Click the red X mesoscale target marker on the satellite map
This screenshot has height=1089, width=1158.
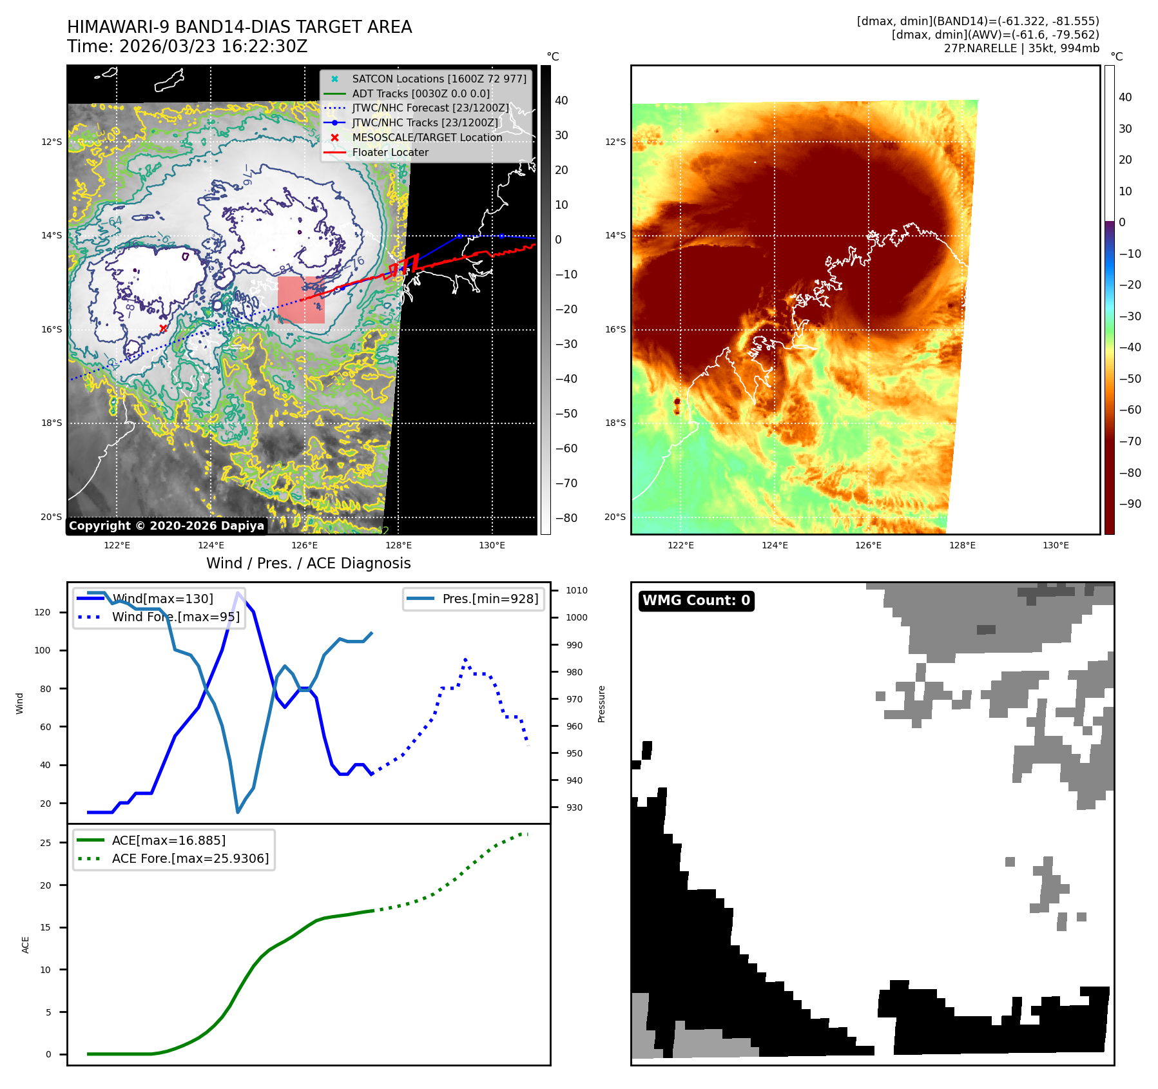click(x=163, y=328)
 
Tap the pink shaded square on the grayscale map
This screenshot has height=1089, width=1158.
click(x=301, y=300)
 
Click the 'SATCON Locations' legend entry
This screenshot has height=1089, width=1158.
click(x=438, y=79)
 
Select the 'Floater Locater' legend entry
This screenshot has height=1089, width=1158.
click(x=390, y=152)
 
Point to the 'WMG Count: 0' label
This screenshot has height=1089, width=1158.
click(x=696, y=601)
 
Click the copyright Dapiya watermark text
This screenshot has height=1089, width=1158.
click(x=166, y=526)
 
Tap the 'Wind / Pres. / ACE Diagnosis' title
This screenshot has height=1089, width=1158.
click(x=308, y=563)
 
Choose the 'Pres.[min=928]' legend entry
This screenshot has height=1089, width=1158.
click(x=490, y=599)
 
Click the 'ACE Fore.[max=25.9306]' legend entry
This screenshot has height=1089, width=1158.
click(x=190, y=858)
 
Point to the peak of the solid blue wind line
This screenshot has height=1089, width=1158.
click(x=238, y=593)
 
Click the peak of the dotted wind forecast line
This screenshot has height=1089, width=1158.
click(x=465, y=659)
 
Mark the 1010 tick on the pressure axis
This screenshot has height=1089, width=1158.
click(x=576, y=590)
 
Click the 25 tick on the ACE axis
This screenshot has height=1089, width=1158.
click(x=45, y=843)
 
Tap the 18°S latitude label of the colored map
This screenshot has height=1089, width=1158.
click(x=615, y=423)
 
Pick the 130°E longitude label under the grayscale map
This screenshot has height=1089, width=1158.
click(x=492, y=545)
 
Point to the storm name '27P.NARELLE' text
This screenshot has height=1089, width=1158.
click(x=980, y=48)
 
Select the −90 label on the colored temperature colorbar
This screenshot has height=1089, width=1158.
click(x=1130, y=504)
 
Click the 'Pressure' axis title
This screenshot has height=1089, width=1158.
click(x=601, y=704)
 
